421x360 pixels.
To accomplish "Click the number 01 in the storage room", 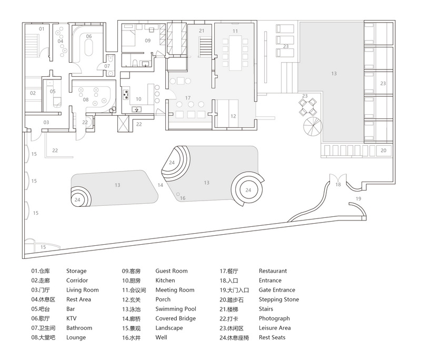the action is pyautogui.click(x=42, y=29).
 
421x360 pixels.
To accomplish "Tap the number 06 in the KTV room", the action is pyautogui.click(x=89, y=36).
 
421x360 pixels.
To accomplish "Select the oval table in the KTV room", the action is pyautogui.click(x=89, y=48).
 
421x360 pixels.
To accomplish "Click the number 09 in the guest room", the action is pyautogui.click(x=148, y=41).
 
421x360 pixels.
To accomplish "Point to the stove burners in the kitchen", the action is pyautogui.click(x=126, y=95).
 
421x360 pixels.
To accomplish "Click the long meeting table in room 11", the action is pyautogui.click(x=235, y=53).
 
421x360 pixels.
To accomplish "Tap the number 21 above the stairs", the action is pyautogui.click(x=202, y=31).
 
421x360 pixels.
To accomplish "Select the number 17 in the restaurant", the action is pyautogui.click(x=188, y=98).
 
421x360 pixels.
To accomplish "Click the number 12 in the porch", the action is pyautogui.click(x=233, y=116).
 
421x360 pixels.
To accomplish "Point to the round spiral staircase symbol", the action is pyautogui.click(x=313, y=126).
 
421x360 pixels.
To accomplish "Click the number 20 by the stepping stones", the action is pyautogui.click(x=384, y=151).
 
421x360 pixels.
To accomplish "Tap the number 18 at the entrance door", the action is pyautogui.click(x=338, y=184).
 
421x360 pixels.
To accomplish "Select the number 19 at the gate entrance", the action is pyautogui.click(x=358, y=198).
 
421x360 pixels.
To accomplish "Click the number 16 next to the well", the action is pyautogui.click(x=183, y=198).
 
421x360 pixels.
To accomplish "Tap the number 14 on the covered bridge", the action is pyautogui.click(x=161, y=185).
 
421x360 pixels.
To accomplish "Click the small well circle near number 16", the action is pyautogui.click(x=178, y=194).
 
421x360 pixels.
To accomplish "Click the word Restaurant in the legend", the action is pyautogui.click(x=273, y=271).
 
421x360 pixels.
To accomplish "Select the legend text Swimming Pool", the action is pyautogui.click(x=176, y=309).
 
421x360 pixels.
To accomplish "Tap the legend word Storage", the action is pyautogui.click(x=76, y=271).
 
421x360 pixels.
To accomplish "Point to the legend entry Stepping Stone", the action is pyautogui.click(x=279, y=299).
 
